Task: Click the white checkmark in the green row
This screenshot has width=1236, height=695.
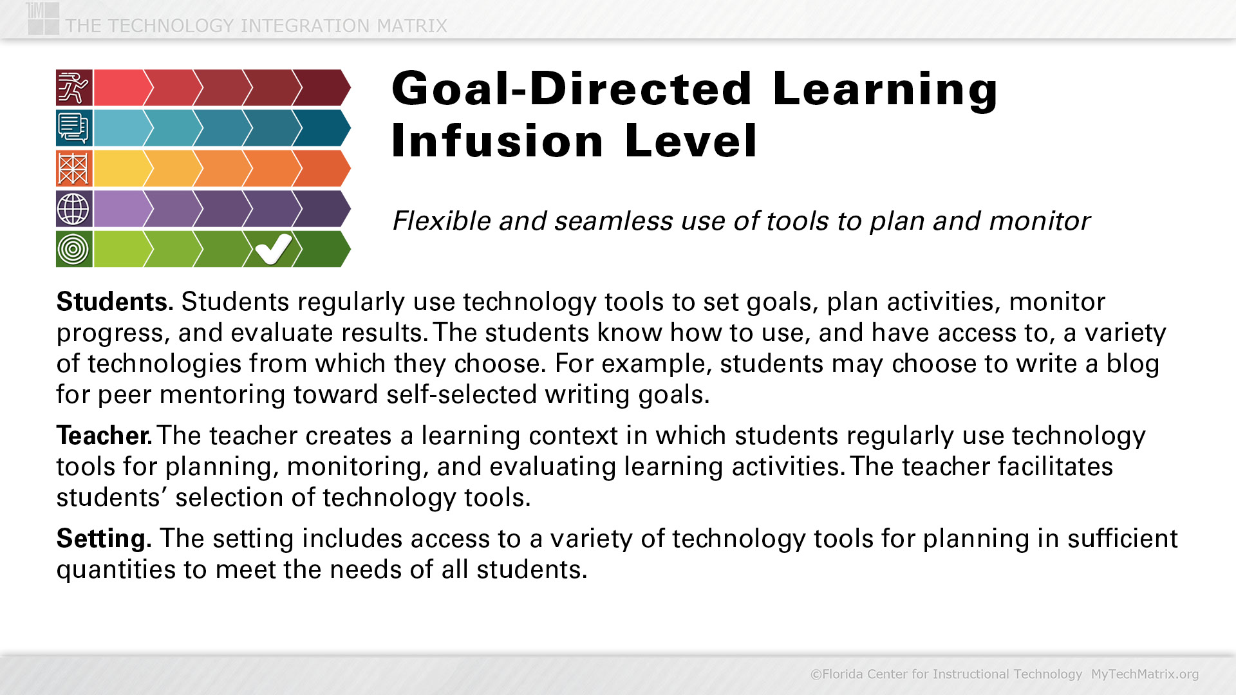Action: point(274,248)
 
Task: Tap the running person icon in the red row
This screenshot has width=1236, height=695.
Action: point(74,88)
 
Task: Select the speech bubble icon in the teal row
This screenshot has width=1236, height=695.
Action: point(74,127)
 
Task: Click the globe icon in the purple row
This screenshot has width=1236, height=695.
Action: point(74,208)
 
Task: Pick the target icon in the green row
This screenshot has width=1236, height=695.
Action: point(74,249)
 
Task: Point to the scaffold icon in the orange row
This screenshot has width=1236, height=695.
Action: point(74,168)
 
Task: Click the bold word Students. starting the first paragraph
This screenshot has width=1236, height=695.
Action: point(115,302)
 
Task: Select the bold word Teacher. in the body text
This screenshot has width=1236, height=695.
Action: point(104,436)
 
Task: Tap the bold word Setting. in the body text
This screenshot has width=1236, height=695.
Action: point(104,539)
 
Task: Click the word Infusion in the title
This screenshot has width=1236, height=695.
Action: point(498,141)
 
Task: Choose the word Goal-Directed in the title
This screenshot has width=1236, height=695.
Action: point(572,88)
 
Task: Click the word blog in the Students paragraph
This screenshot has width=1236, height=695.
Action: point(1133,364)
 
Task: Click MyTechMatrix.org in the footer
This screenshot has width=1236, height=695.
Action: point(1145,674)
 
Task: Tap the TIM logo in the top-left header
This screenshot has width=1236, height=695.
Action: point(43,18)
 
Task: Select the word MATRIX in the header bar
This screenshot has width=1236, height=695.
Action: point(412,26)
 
